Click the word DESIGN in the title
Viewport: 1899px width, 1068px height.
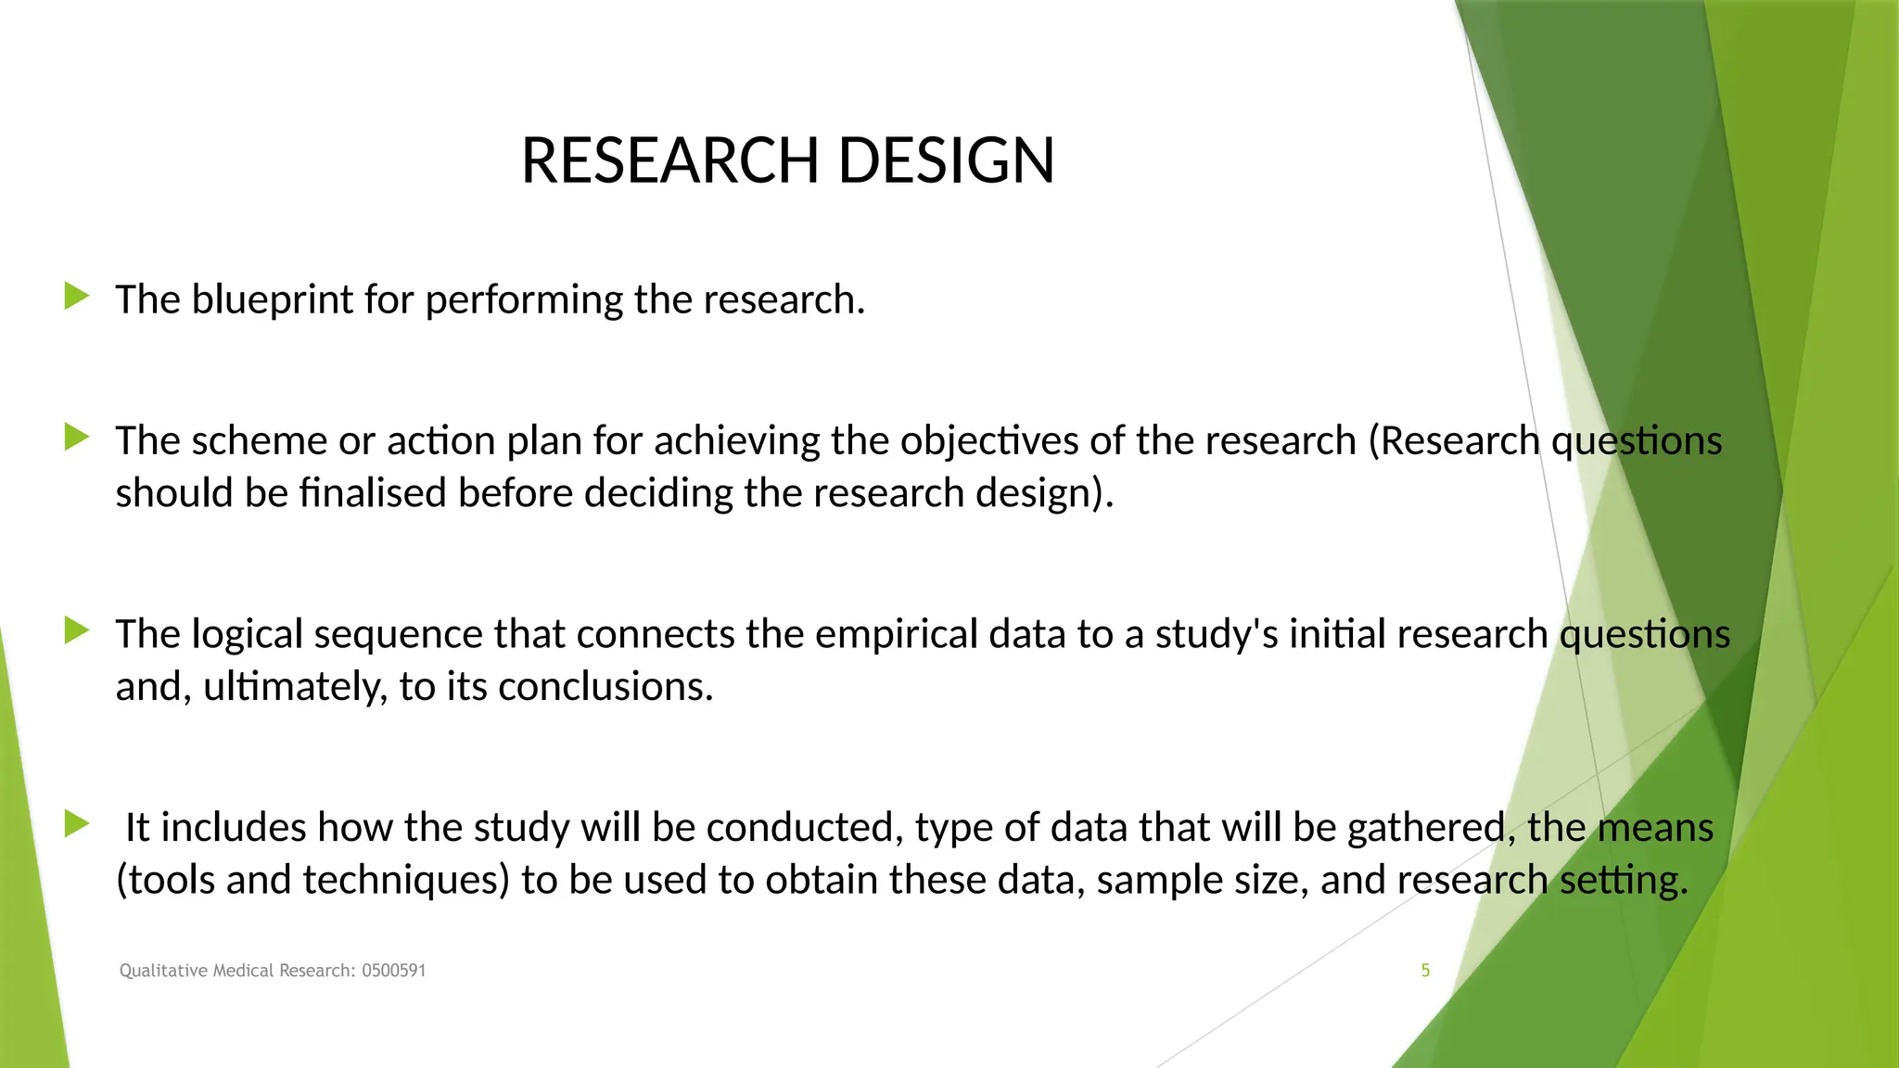pyautogui.click(x=946, y=160)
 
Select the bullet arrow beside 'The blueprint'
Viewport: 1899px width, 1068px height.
pyautogui.click(x=77, y=297)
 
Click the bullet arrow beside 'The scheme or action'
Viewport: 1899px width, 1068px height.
pyautogui.click(x=77, y=438)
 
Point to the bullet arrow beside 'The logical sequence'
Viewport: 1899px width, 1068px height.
pyautogui.click(x=77, y=631)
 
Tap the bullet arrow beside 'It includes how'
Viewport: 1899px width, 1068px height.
pyautogui.click(x=77, y=824)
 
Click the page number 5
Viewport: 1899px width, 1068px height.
pyautogui.click(x=1425, y=971)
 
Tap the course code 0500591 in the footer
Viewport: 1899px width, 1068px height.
pyautogui.click(x=393, y=971)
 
